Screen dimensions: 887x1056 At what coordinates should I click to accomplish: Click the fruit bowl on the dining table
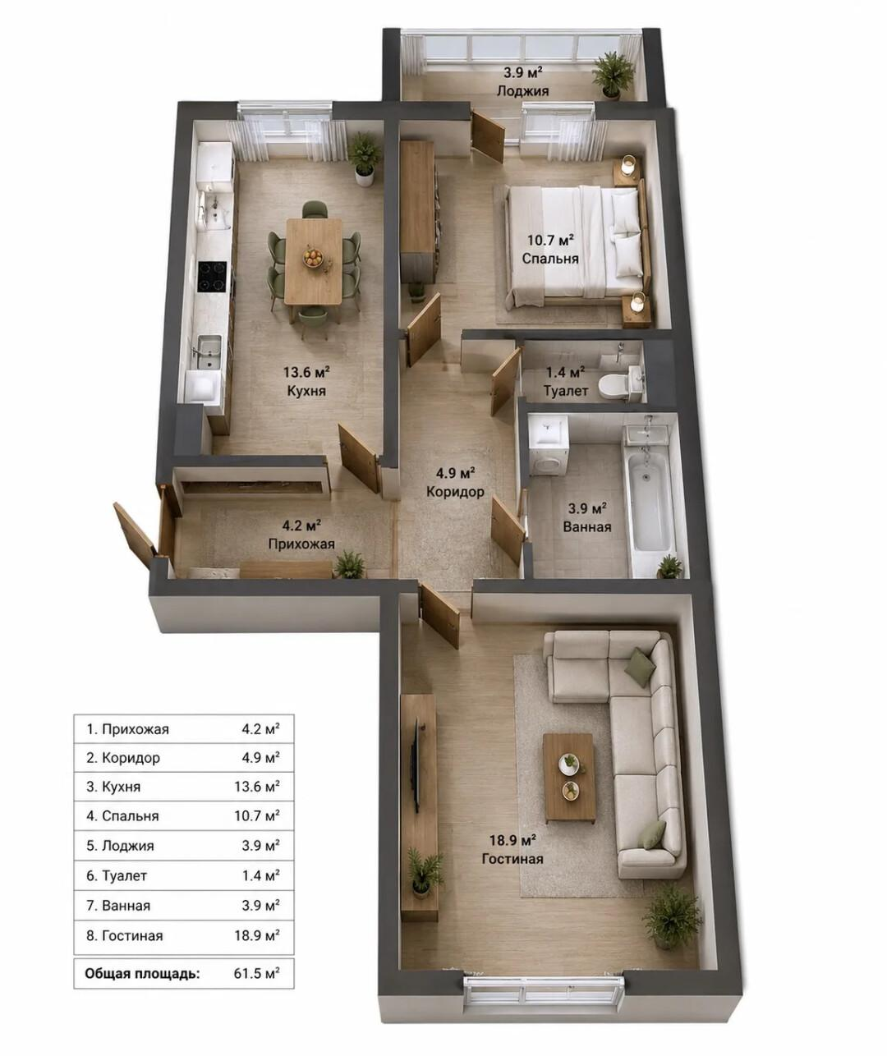[313, 257]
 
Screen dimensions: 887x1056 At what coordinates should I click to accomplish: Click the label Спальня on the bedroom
[550, 259]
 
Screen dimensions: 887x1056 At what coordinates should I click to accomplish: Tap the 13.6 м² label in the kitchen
[306, 372]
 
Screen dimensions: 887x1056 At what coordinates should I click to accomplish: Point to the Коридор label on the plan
[455, 491]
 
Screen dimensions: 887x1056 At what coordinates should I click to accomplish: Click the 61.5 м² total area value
[256, 972]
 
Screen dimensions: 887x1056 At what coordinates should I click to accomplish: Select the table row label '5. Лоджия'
[120, 846]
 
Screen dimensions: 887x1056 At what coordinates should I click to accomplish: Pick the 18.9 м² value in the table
[256, 935]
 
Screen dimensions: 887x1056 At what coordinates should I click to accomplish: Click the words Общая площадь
[142, 973]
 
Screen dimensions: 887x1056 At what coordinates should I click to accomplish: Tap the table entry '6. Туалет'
[117, 875]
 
